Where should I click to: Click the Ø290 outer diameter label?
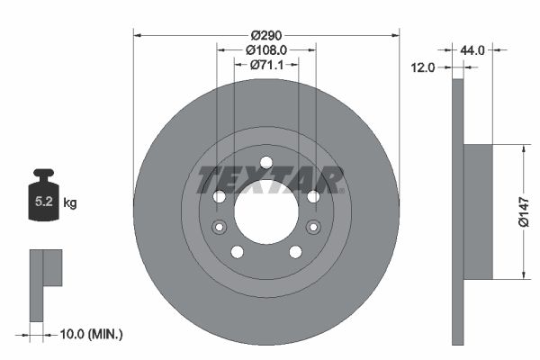(265, 35)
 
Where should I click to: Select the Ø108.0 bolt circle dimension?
(265, 50)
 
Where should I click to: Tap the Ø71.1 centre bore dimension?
(265, 65)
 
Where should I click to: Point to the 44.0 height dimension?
(472, 50)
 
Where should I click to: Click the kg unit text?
(70, 203)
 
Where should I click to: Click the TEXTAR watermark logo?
(271, 179)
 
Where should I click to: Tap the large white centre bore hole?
(265, 211)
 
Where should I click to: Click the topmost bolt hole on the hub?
(265, 163)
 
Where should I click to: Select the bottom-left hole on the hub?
(237, 252)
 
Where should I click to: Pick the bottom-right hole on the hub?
(295, 252)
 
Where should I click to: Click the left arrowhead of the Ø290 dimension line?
(138, 36)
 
